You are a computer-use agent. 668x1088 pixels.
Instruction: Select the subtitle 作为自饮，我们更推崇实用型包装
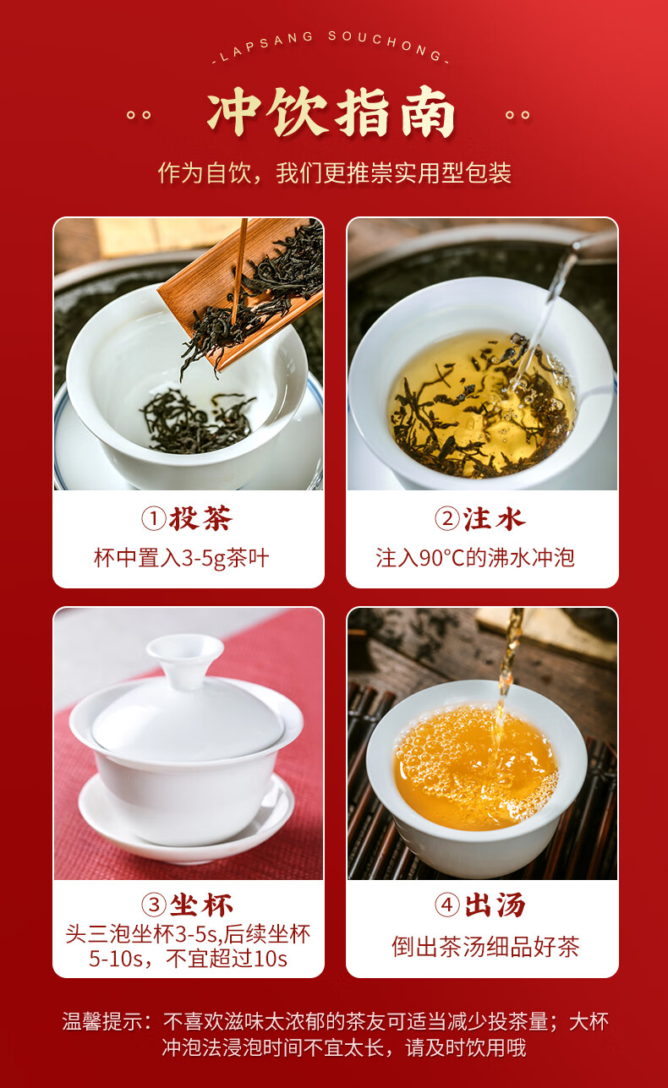coord(334,173)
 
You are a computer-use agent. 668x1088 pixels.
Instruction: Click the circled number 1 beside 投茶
coord(154,518)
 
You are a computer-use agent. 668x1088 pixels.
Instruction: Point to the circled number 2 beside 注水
coord(447,518)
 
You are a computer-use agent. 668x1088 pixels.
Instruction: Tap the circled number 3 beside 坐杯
coord(154,905)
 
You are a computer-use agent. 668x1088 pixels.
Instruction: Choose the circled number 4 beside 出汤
coord(447,905)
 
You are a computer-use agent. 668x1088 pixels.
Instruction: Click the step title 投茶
coord(200,518)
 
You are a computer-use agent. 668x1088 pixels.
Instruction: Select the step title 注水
coord(494,518)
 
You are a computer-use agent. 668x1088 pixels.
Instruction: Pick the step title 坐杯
coord(201,905)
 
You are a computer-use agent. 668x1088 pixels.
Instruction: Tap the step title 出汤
coord(495,905)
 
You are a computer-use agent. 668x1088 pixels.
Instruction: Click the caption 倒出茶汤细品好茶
coord(485,946)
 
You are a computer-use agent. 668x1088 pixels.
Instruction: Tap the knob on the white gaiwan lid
coord(185,654)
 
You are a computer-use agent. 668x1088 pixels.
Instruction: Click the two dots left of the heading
coord(139,115)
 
